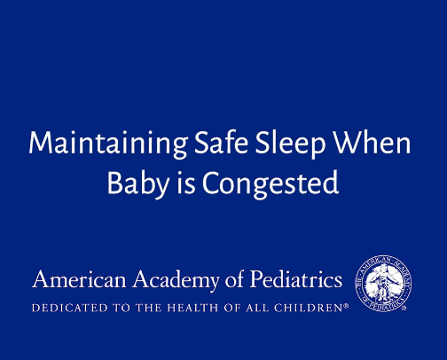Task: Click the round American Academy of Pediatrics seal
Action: coord(382,282)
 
